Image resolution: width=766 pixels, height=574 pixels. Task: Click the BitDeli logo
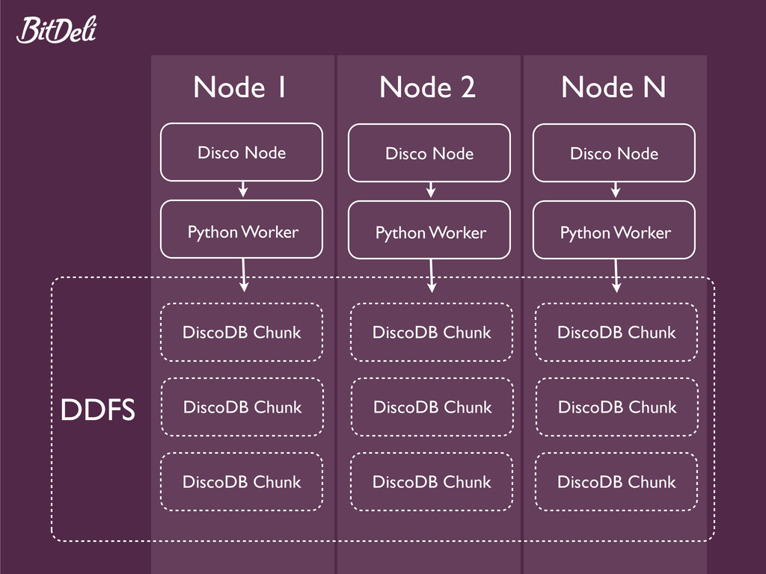[x=57, y=30]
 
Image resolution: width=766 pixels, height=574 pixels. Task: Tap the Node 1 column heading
[x=239, y=87]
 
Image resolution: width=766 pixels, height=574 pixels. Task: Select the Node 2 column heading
[x=427, y=87]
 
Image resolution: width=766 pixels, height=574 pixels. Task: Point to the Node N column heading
[x=613, y=87]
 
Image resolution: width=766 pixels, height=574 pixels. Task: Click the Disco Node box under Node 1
[x=242, y=152]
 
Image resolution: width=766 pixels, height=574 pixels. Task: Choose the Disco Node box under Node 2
[x=429, y=153]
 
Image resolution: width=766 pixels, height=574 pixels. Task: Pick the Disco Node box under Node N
[x=614, y=153]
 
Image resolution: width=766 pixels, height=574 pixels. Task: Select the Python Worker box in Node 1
[x=242, y=229]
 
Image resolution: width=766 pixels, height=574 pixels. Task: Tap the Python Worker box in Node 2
[x=429, y=230]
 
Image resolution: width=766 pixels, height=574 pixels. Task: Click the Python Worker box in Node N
[x=614, y=230]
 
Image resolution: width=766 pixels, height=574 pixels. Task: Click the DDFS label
[x=98, y=410]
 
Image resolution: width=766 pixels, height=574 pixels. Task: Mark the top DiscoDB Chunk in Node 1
[x=242, y=333]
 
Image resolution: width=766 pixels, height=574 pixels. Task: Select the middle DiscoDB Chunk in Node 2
[x=432, y=407]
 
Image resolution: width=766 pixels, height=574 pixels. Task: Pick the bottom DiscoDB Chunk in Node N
[x=616, y=482]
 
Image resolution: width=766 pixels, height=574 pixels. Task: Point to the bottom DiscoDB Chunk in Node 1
[x=242, y=482]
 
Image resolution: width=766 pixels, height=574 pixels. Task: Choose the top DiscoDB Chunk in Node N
[x=616, y=333]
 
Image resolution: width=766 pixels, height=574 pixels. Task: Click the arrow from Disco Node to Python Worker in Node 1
[x=243, y=189]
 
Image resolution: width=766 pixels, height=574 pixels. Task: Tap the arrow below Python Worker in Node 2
[x=432, y=276]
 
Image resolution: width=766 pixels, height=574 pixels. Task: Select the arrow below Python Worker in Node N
[x=616, y=276]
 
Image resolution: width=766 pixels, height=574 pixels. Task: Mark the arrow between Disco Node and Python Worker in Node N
[x=616, y=190]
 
